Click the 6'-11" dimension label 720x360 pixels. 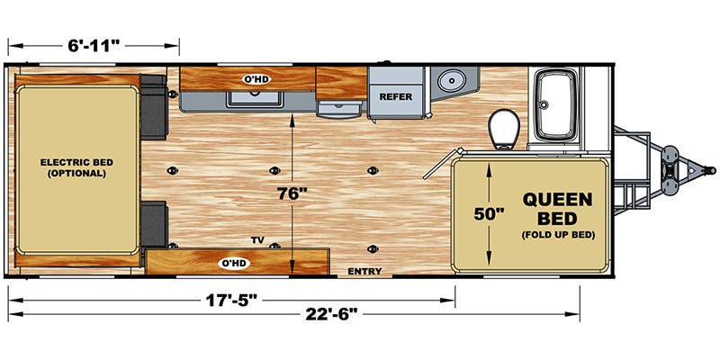pyautogui.click(x=94, y=46)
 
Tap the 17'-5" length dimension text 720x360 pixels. pyautogui.click(x=230, y=301)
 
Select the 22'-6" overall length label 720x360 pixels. pyautogui.click(x=331, y=314)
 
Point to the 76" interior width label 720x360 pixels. pyautogui.click(x=292, y=193)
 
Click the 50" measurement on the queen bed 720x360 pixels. pyautogui.click(x=490, y=213)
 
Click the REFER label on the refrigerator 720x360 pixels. pyautogui.click(x=396, y=97)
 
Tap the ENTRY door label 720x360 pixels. pyautogui.click(x=364, y=272)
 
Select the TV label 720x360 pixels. pyautogui.click(x=257, y=240)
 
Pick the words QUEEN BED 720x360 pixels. pyautogui.click(x=557, y=208)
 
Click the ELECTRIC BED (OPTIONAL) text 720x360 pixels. pyautogui.click(x=76, y=168)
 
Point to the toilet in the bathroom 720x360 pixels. pyautogui.click(x=504, y=129)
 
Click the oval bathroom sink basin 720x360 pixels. pyautogui.click(x=452, y=81)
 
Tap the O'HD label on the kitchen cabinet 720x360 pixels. pyautogui.click(x=256, y=79)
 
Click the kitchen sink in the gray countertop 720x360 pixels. pyautogui.click(x=254, y=99)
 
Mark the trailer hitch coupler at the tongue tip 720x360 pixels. pyautogui.click(x=709, y=170)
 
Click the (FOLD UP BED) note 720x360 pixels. pyautogui.click(x=558, y=235)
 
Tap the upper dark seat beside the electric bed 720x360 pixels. pyautogui.click(x=153, y=107)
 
